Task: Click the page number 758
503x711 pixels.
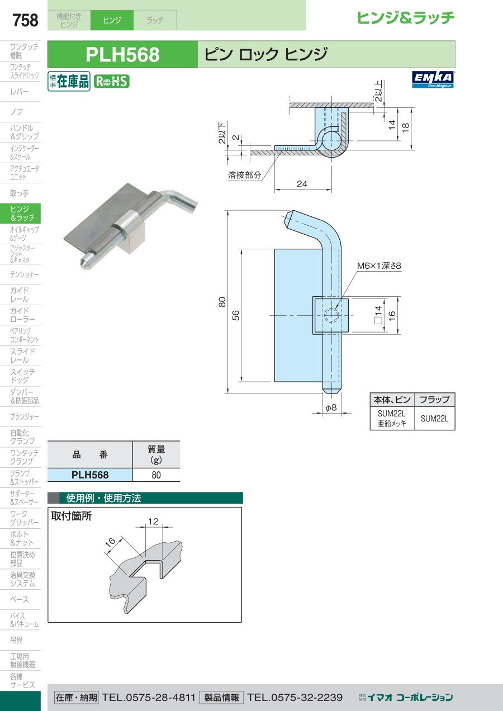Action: point(25,20)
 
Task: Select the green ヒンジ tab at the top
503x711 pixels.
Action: point(112,20)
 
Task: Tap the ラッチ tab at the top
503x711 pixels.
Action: point(155,20)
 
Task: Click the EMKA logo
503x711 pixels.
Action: point(433,79)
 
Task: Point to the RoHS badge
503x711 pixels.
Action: point(112,81)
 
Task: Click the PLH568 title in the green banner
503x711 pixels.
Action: point(122,55)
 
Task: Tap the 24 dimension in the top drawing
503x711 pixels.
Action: point(302,184)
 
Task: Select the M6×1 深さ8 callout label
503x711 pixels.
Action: point(379,266)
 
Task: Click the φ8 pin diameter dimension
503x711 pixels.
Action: point(331,407)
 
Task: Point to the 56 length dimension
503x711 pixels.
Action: point(235,315)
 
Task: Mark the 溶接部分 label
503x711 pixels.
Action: point(244,175)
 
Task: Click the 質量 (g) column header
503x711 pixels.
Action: point(156,454)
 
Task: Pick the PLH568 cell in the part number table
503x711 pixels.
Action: point(90,475)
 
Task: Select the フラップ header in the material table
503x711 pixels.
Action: point(434,400)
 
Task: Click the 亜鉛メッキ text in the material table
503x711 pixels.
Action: point(392,424)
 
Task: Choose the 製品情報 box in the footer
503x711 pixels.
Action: point(221,698)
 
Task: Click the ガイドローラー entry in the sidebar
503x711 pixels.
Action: point(22,315)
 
